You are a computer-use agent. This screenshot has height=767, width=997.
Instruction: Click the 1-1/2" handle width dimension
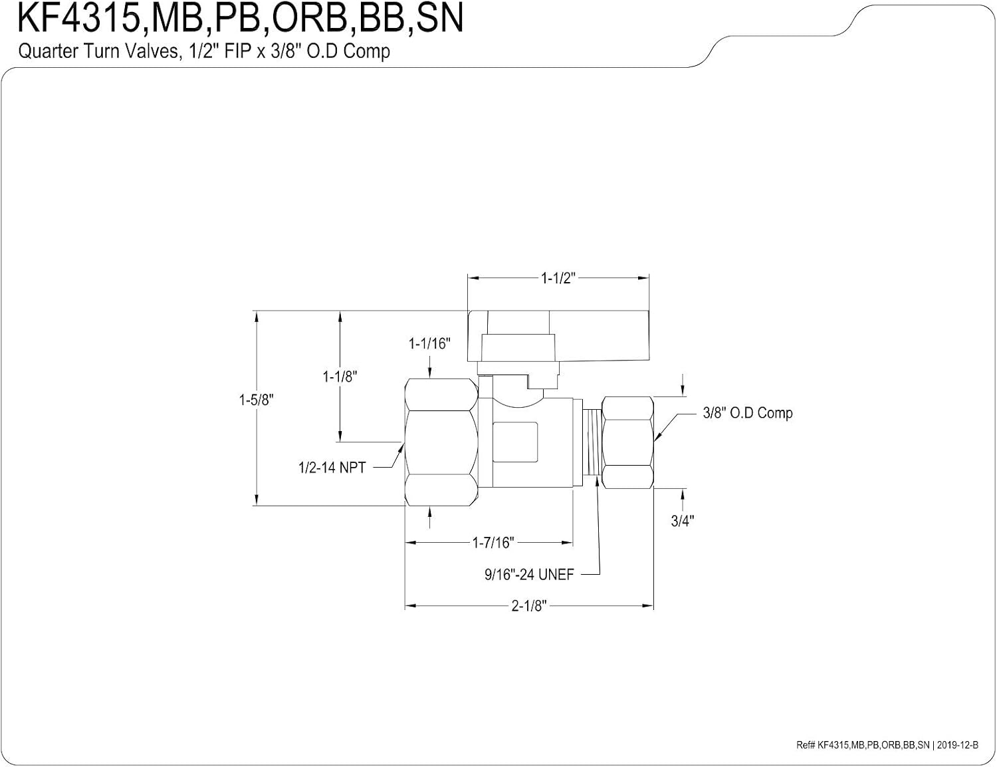pos(558,278)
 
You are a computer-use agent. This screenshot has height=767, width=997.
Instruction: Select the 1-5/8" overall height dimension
pos(256,400)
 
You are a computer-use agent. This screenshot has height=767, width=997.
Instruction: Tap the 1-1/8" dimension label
pos(340,377)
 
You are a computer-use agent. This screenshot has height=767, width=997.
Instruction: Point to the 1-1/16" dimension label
pos(429,343)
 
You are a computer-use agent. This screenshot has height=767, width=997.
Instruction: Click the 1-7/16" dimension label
pos(493,543)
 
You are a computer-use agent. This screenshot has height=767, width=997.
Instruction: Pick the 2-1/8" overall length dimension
pos(529,606)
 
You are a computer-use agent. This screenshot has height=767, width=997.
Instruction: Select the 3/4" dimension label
pos(682,520)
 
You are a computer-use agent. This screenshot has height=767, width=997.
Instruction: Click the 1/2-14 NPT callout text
pos(332,468)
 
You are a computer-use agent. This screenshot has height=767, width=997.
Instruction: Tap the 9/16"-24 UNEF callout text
pos(529,574)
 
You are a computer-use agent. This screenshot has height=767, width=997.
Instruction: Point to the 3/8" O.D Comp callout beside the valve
pos(747,413)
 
